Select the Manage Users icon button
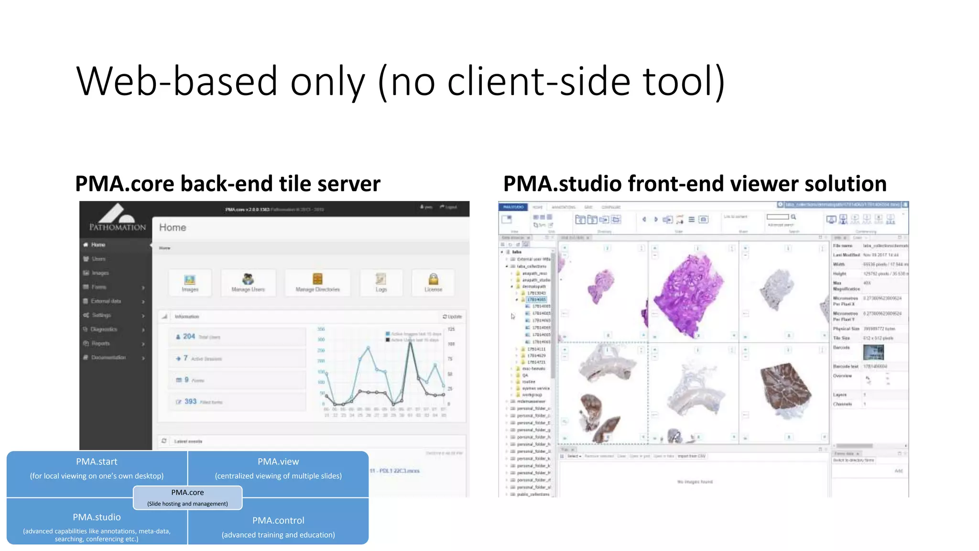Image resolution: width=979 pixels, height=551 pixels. tap(248, 282)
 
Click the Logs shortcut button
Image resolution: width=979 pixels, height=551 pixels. tap(381, 282)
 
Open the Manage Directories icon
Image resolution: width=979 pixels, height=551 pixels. tap(317, 282)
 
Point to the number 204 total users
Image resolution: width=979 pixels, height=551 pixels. tap(189, 337)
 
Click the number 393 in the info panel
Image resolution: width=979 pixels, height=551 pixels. tap(190, 402)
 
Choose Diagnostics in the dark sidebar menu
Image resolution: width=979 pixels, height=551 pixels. tap(104, 330)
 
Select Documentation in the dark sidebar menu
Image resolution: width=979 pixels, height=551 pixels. tap(108, 358)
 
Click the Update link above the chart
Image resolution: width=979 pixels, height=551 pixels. tap(452, 317)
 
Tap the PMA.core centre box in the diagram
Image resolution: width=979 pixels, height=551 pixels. tap(187, 497)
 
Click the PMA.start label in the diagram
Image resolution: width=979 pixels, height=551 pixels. tap(97, 462)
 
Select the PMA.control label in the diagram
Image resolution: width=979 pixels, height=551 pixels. tap(278, 521)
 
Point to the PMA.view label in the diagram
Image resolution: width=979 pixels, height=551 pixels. tap(278, 462)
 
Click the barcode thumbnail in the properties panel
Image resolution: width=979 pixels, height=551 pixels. tap(873, 353)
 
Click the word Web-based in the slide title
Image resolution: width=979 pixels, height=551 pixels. tap(177, 81)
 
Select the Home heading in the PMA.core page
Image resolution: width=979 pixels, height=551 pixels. tap(173, 228)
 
